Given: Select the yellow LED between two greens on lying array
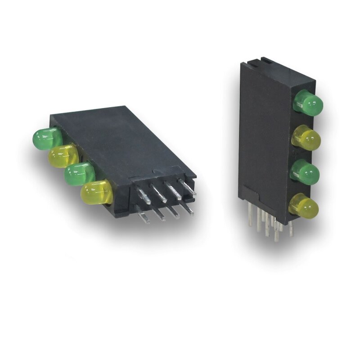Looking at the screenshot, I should (x=63, y=155).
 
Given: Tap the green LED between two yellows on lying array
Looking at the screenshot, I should (x=79, y=174).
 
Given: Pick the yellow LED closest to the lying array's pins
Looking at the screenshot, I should (x=96, y=192).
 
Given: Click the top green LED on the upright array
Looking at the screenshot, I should (x=308, y=102).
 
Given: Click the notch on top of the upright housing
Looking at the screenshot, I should (x=265, y=60).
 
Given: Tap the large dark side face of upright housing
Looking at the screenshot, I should (x=263, y=135).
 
